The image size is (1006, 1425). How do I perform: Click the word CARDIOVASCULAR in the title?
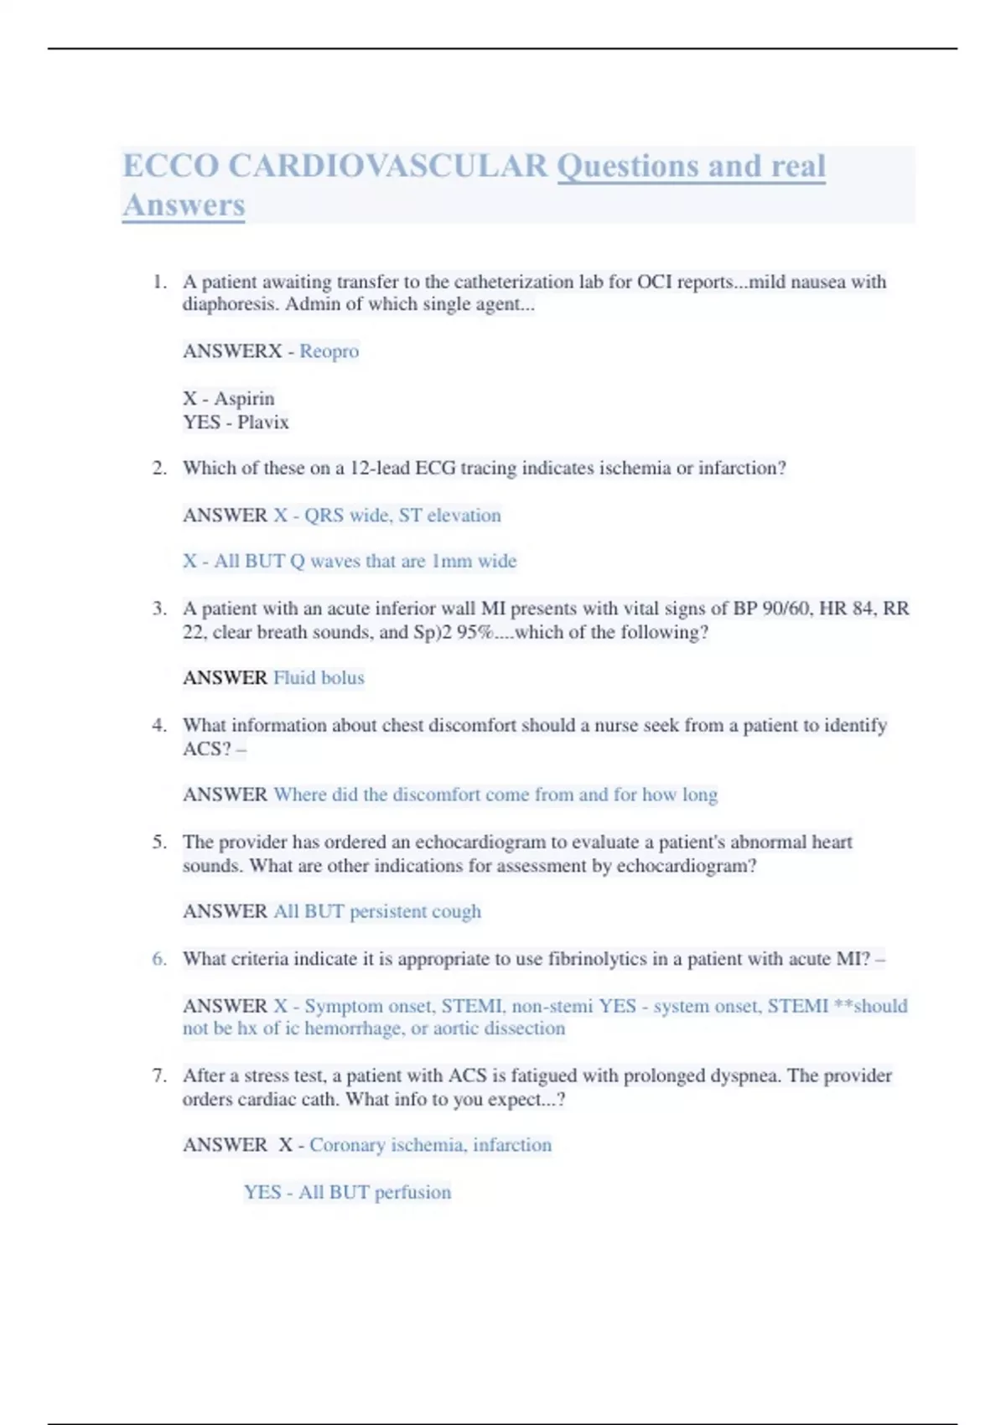click(x=387, y=166)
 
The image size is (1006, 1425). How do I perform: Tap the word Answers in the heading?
click(x=184, y=205)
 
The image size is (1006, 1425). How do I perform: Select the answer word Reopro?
click(x=329, y=351)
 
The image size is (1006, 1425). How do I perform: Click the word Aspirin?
click(x=244, y=398)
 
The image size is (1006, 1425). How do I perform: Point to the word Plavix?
click(x=262, y=422)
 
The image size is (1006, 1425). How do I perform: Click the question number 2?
click(x=159, y=468)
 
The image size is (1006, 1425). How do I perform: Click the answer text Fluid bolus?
click(x=319, y=677)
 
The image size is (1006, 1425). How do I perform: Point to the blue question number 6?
click(x=159, y=958)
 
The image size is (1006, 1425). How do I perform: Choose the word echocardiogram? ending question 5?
click(x=687, y=865)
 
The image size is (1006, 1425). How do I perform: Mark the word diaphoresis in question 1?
click(x=231, y=304)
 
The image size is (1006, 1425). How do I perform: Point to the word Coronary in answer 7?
click(x=344, y=1145)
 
